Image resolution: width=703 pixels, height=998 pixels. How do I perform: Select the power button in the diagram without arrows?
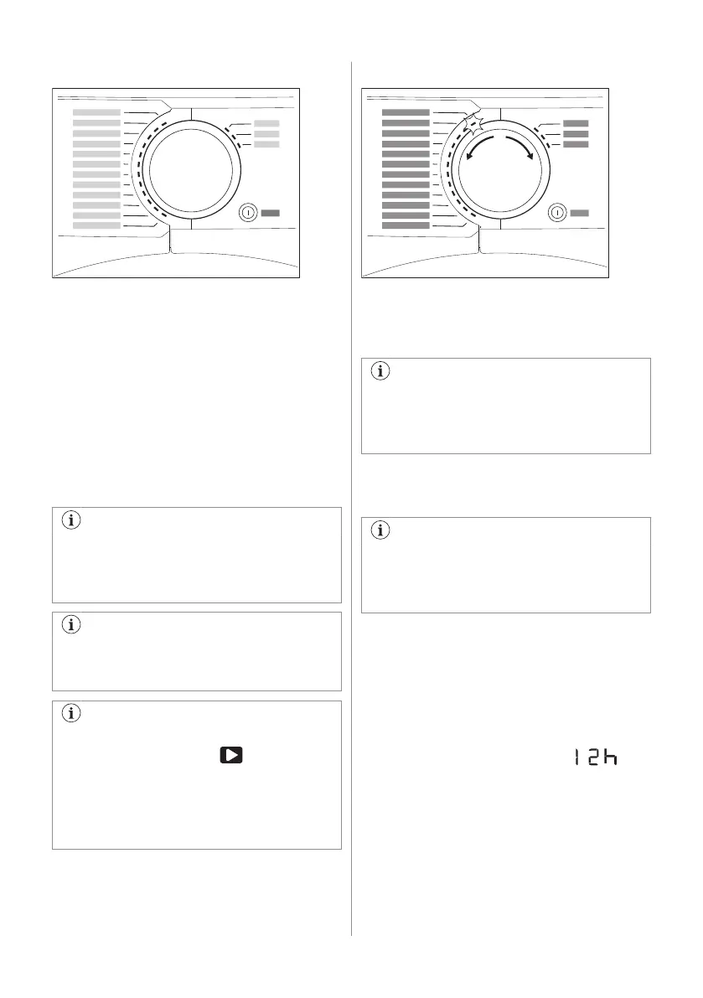click(x=249, y=213)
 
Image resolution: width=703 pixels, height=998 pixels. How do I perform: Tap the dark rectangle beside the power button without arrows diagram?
click(x=270, y=213)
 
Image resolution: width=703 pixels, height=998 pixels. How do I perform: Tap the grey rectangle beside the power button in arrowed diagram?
click(x=579, y=213)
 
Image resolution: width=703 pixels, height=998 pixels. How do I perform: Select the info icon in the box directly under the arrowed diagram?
click(x=381, y=373)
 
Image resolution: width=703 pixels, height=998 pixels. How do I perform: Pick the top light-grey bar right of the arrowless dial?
click(x=266, y=124)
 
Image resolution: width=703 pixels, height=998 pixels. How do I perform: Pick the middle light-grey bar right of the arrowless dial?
click(x=266, y=134)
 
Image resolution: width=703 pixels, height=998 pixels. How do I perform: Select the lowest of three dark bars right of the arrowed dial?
click(x=576, y=144)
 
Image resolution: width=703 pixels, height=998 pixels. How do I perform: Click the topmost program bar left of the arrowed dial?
click(x=406, y=112)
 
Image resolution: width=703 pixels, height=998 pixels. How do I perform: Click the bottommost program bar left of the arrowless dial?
click(x=96, y=225)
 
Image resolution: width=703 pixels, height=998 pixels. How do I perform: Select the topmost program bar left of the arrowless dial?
click(x=96, y=112)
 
